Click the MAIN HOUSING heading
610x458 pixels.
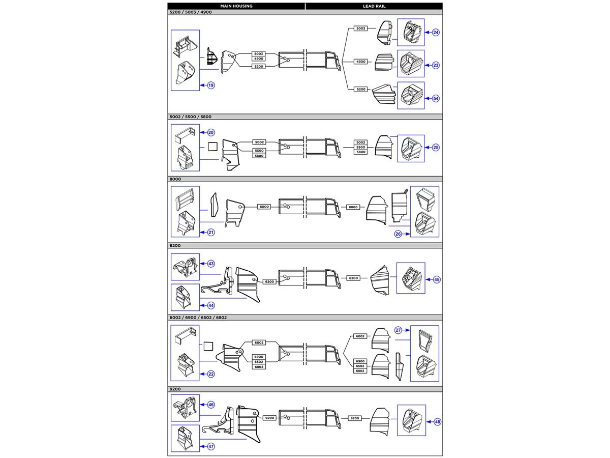pyautogui.click(x=236, y=6)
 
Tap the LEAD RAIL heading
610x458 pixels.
pyautogui.click(x=374, y=6)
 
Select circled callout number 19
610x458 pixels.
pyautogui.click(x=211, y=85)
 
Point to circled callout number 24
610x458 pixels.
pyautogui.click(x=436, y=33)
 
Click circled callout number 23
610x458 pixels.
pyautogui.click(x=436, y=65)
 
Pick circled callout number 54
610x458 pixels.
pyautogui.click(x=436, y=98)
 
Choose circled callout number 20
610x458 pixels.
pyautogui.click(x=211, y=132)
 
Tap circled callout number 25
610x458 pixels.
pyautogui.click(x=436, y=148)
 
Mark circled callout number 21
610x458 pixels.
pyautogui.click(x=211, y=233)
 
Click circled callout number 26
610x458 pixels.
pyautogui.click(x=398, y=234)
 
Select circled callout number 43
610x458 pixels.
pyautogui.click(x=211, y=264)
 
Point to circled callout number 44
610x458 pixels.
pyautogui.click(x=211, y=306)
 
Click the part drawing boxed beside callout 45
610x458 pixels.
pyautogui.click(x=410, y=278)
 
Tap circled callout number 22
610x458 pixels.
pyautogui.click(x=211, y=374)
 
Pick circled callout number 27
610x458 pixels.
pyautogui.click(x=398, y=330)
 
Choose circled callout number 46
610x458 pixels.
pyautogui.click(x=211, y=405)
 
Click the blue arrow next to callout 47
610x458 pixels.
pyautogui.click(x=204, y=447)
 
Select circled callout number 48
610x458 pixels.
pyautogui.click(x=438, y=422)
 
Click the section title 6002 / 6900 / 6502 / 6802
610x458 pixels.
pyautogui.click(x=198, y=318)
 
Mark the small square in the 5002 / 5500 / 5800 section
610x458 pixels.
pyautogui.click(x=213, y=147)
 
